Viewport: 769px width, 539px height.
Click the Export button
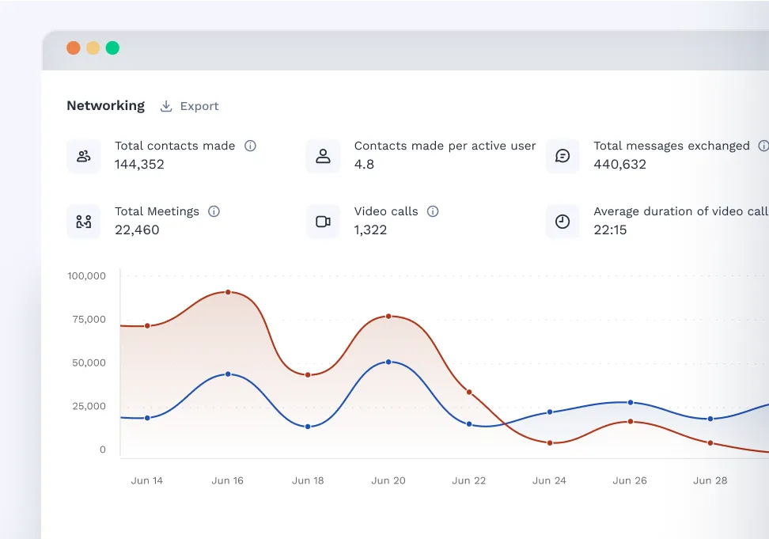pyautogui.click(x=190, y=106)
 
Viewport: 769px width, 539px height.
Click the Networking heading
pyautogui.click(x=105, y=105)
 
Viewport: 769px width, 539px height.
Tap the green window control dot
pyautogui.click(x=112, y=48)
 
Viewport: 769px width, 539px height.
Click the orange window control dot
pyautogui.click(x=74, y=48)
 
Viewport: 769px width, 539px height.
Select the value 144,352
pyautogui.click(x=139, y=165)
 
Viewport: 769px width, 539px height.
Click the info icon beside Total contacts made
pyautogui.click(x=250, y=146)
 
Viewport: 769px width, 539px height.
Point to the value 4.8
pyautogui.click(x=364, y=165)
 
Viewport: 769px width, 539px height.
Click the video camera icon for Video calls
pyautogui.click(x=323, y=222)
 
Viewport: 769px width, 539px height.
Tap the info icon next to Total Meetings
pyautogui.click(x=214, y=211)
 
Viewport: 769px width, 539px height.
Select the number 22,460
pyautogui.click(x=137, y=230)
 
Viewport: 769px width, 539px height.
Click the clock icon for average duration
pyautogui.click(x=563, y=222)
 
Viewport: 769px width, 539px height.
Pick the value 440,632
pyautogui.click(x=619, y=165)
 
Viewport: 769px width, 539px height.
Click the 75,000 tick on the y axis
pyautogui.click(x=88, y=320)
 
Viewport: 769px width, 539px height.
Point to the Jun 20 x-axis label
pyautogui.click(x=388, y=480)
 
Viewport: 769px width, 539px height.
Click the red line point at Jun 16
pyautogui.click(x=228, y=292)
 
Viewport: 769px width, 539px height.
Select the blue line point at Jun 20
pyautogui.click(x=388, y=362)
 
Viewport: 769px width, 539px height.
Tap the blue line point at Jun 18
pyautogui.click(x=308, y=427)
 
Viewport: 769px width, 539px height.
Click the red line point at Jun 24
pyautogui.click(x=549, y=442)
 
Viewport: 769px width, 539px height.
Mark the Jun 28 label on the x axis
pyautogui.click(x=710, y=480)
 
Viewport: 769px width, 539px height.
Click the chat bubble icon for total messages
pyautogui.click(x=563, y=156)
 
